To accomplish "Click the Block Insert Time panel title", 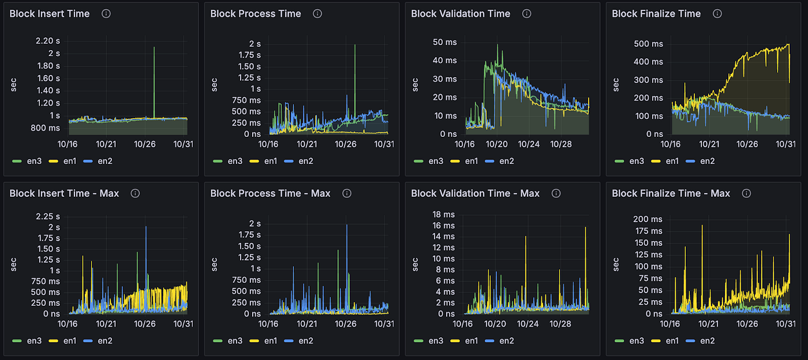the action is (x=50, y=14).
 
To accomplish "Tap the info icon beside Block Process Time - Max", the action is (x=347, y=193).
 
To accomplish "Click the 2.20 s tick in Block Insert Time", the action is (x=47, y=41).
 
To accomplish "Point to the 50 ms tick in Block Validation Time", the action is (x=445, y=42).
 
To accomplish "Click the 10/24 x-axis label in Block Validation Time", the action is (x=529, y=144).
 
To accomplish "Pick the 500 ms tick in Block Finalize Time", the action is (x=648, y=44).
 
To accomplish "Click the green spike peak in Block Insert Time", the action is (x=154, y=47).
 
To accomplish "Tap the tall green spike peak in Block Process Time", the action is (x=355, y=45).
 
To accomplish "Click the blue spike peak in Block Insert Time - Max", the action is (x=146, y=227).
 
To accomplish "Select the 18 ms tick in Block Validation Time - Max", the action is (x=444, y=215).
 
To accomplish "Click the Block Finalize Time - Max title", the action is (x=671, y=193).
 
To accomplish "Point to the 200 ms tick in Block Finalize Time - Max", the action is (x=648, y=219).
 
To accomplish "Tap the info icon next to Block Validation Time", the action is (x=526, y=14).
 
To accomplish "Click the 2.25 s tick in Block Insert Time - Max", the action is (x=47, y=216).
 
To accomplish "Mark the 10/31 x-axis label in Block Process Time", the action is (x=384, y=144).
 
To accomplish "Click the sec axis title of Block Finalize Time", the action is (x=616, y=85).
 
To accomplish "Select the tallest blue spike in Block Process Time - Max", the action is (x=347, y=225).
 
